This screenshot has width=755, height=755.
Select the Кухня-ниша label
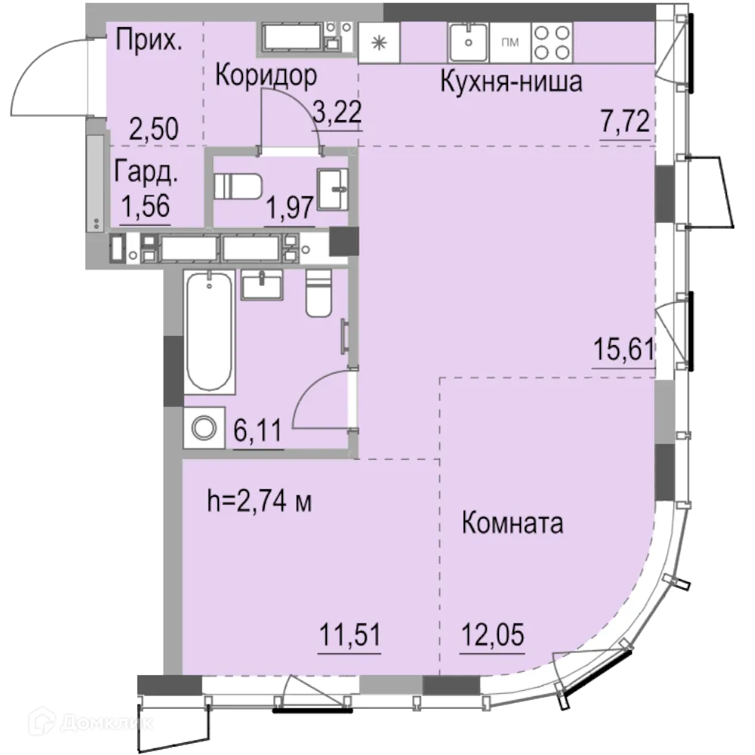(511, 82)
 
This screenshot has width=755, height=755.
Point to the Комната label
(512, 523)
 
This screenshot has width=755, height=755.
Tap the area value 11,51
(349, 631)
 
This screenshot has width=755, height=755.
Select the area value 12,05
(492, 631)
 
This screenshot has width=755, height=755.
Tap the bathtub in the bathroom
(208, 332)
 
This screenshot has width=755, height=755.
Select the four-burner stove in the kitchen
(552, 42)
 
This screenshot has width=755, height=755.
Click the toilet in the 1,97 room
(236, 186)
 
